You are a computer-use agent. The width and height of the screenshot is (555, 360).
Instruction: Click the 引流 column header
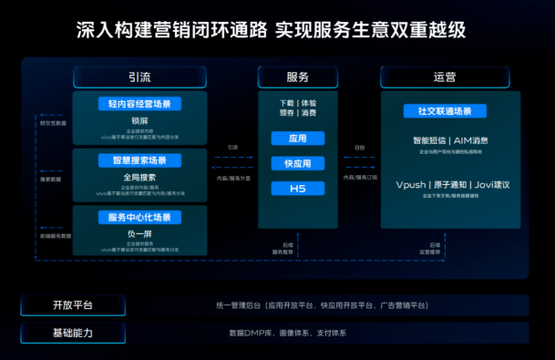[x=139, y=77]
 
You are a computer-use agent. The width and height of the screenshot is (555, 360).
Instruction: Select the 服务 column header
[x=298, y=77]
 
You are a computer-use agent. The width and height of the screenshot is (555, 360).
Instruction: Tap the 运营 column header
[x=444, y=77]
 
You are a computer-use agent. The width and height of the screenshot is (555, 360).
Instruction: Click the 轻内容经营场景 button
[x=139, y=105]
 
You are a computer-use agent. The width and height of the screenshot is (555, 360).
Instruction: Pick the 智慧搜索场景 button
[x=139, y=160]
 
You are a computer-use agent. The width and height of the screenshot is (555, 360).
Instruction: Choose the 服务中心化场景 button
[x=139, y=218]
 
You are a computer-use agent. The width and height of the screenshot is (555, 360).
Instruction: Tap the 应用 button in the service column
[x=298, y=139]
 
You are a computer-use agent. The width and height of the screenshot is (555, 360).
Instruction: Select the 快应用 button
[x=298, y=164]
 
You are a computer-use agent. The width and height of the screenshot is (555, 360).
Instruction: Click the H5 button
[x=298, y=189]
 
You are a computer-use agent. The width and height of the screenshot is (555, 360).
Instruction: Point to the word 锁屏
[x=139, y=119]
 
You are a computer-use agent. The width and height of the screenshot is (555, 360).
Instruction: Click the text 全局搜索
[x=139, y=176]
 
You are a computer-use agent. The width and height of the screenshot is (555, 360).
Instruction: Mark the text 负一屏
[x=139, y=232]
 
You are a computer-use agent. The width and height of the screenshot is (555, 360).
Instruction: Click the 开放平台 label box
[x=72, y=305]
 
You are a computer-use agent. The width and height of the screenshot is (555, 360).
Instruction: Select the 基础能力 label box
[x=72, y=334]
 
